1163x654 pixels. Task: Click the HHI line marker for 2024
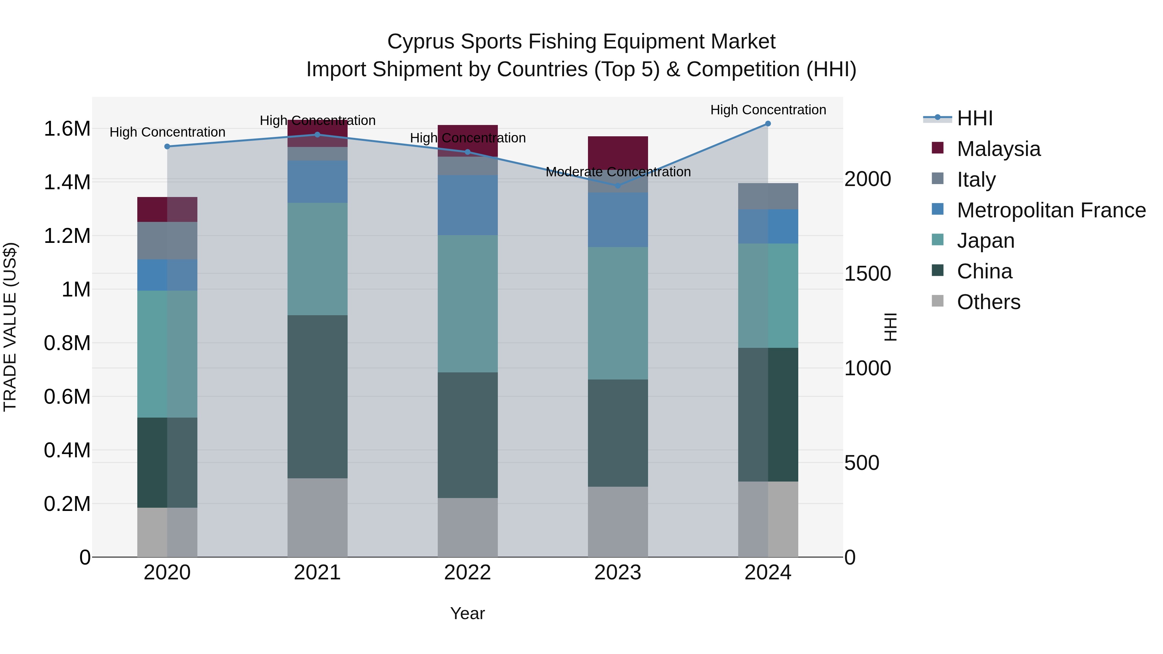pos(768,124)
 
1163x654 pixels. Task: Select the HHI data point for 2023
pos(618,185)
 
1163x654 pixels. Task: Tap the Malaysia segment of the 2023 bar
pos(618,152)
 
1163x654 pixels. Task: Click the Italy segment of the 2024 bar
pos(768,196)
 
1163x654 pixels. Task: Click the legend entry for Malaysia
pos(998,149)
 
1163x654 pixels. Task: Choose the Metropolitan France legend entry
pos(1051,210)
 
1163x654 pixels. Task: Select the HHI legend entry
pos(974,118)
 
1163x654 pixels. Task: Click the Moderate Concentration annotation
pos(618,172)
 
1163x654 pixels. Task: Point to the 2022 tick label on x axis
pos(467,573)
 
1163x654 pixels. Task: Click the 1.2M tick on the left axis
pos(67,236)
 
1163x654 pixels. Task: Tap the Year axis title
pos(467,613)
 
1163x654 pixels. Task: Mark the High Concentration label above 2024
pos(768,110)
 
